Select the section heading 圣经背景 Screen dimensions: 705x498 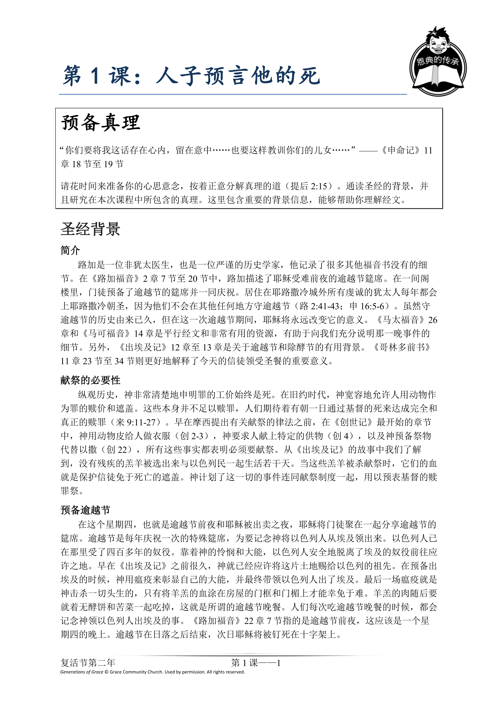coord(90,229)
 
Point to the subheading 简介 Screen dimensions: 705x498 coord(70,250)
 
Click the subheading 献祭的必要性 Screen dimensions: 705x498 coord(90,380)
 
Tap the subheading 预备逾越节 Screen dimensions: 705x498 coord(85,510)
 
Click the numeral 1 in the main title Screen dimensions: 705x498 coord(95,76)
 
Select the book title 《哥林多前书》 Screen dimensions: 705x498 coord(401,347)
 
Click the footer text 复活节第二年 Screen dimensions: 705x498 coord(88,663)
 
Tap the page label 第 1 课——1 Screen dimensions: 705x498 coord(256,663)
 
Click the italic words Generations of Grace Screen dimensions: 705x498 coord(82,672)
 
